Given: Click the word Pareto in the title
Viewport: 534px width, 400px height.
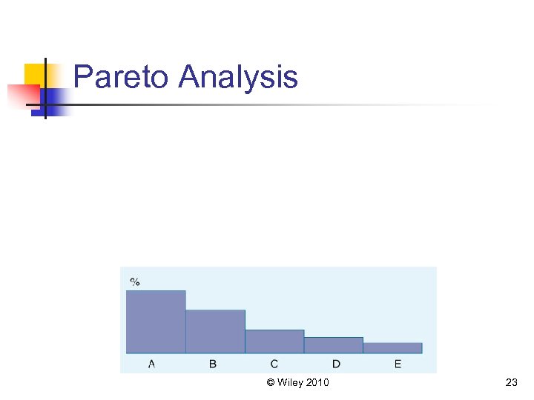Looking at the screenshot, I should click(122, 77).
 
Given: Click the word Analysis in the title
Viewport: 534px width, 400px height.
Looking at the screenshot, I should click(238, 77).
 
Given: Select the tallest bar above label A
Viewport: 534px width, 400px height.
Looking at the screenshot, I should click(156, 322).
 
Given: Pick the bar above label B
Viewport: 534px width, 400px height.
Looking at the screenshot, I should click(215, 331).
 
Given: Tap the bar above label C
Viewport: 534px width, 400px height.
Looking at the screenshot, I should click(274, 341).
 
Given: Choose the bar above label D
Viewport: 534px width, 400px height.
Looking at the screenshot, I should click(333, 345).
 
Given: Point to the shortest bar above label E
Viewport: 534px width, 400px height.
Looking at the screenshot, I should click(392, 348).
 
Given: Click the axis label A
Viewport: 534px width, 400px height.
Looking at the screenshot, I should click(152, 364).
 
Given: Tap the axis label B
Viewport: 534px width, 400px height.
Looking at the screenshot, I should click(213, 364).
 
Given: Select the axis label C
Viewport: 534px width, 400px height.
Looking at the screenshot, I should click(274, 364).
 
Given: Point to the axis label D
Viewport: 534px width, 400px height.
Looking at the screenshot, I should click(336, 364).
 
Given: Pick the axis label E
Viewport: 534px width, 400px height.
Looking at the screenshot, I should click(398, 364).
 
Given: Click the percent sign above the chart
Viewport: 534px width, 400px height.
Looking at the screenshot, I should click(135, 281).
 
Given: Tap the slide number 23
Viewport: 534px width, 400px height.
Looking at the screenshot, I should click(511, 383).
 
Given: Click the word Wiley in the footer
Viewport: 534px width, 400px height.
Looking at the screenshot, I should click(290, 383).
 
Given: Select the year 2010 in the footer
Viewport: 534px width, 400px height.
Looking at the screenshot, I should click(317, 383).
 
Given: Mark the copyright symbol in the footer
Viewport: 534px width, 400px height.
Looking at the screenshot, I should click(271, 383).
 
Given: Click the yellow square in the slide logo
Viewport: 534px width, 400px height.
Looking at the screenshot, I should click(34, 73).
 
